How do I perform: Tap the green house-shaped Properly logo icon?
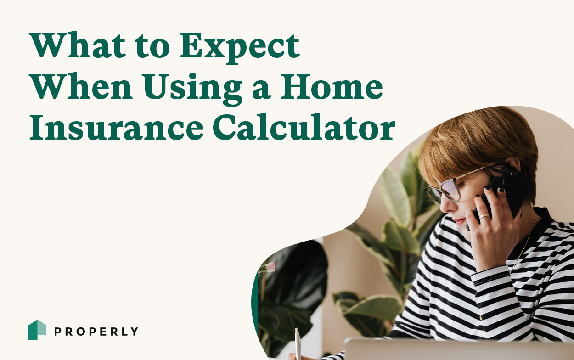tap(37, 330)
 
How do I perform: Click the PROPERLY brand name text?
tap(96, 331)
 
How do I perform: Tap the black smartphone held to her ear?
tap(510, 188)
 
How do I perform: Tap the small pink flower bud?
tap(270, 267)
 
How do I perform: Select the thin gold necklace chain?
tap(528, 239)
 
